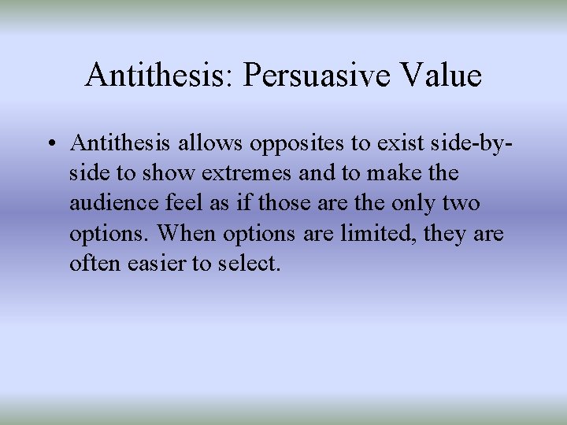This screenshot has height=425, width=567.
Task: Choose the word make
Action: tap(386, 172)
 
